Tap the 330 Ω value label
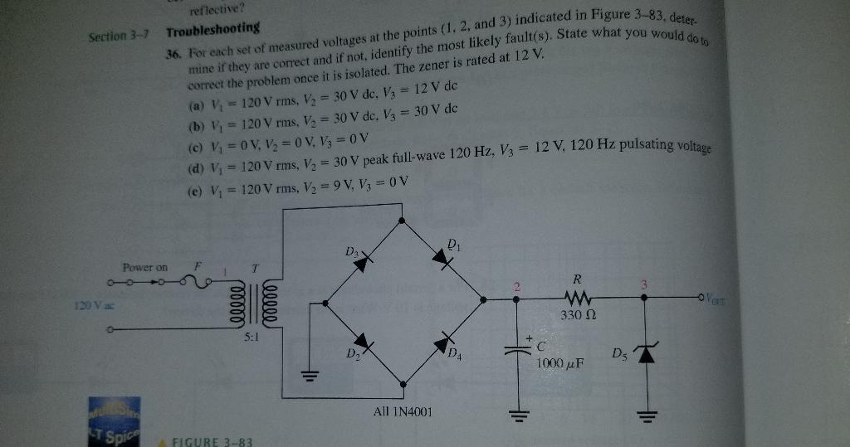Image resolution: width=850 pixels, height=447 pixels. click(x=577, y=316)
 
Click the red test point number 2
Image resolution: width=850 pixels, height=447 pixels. click(x=515, y=287)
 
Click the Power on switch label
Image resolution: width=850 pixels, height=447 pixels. click(x=144, y=268)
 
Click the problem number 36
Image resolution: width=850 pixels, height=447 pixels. click(x=173, y=51)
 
